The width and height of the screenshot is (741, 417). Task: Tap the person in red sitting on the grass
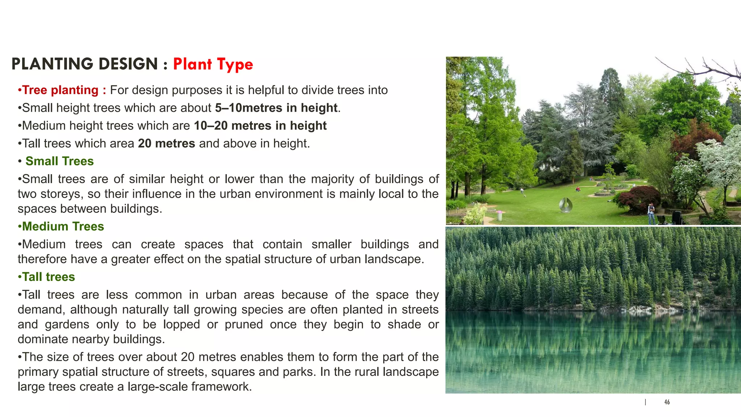pos(578,189)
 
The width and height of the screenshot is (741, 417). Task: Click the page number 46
pos(667,402)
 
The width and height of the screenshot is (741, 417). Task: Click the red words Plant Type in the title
pos(213,64)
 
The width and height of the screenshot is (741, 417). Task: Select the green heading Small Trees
pos(59,161)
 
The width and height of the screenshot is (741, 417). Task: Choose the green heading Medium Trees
pos(63,227)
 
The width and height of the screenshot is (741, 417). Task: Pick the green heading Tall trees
pos(48,277)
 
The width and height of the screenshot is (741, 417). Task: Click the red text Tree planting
pos(60,90)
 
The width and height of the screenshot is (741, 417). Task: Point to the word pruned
pos(244,324)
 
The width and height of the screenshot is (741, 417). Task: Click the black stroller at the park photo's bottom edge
pos(676,218)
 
